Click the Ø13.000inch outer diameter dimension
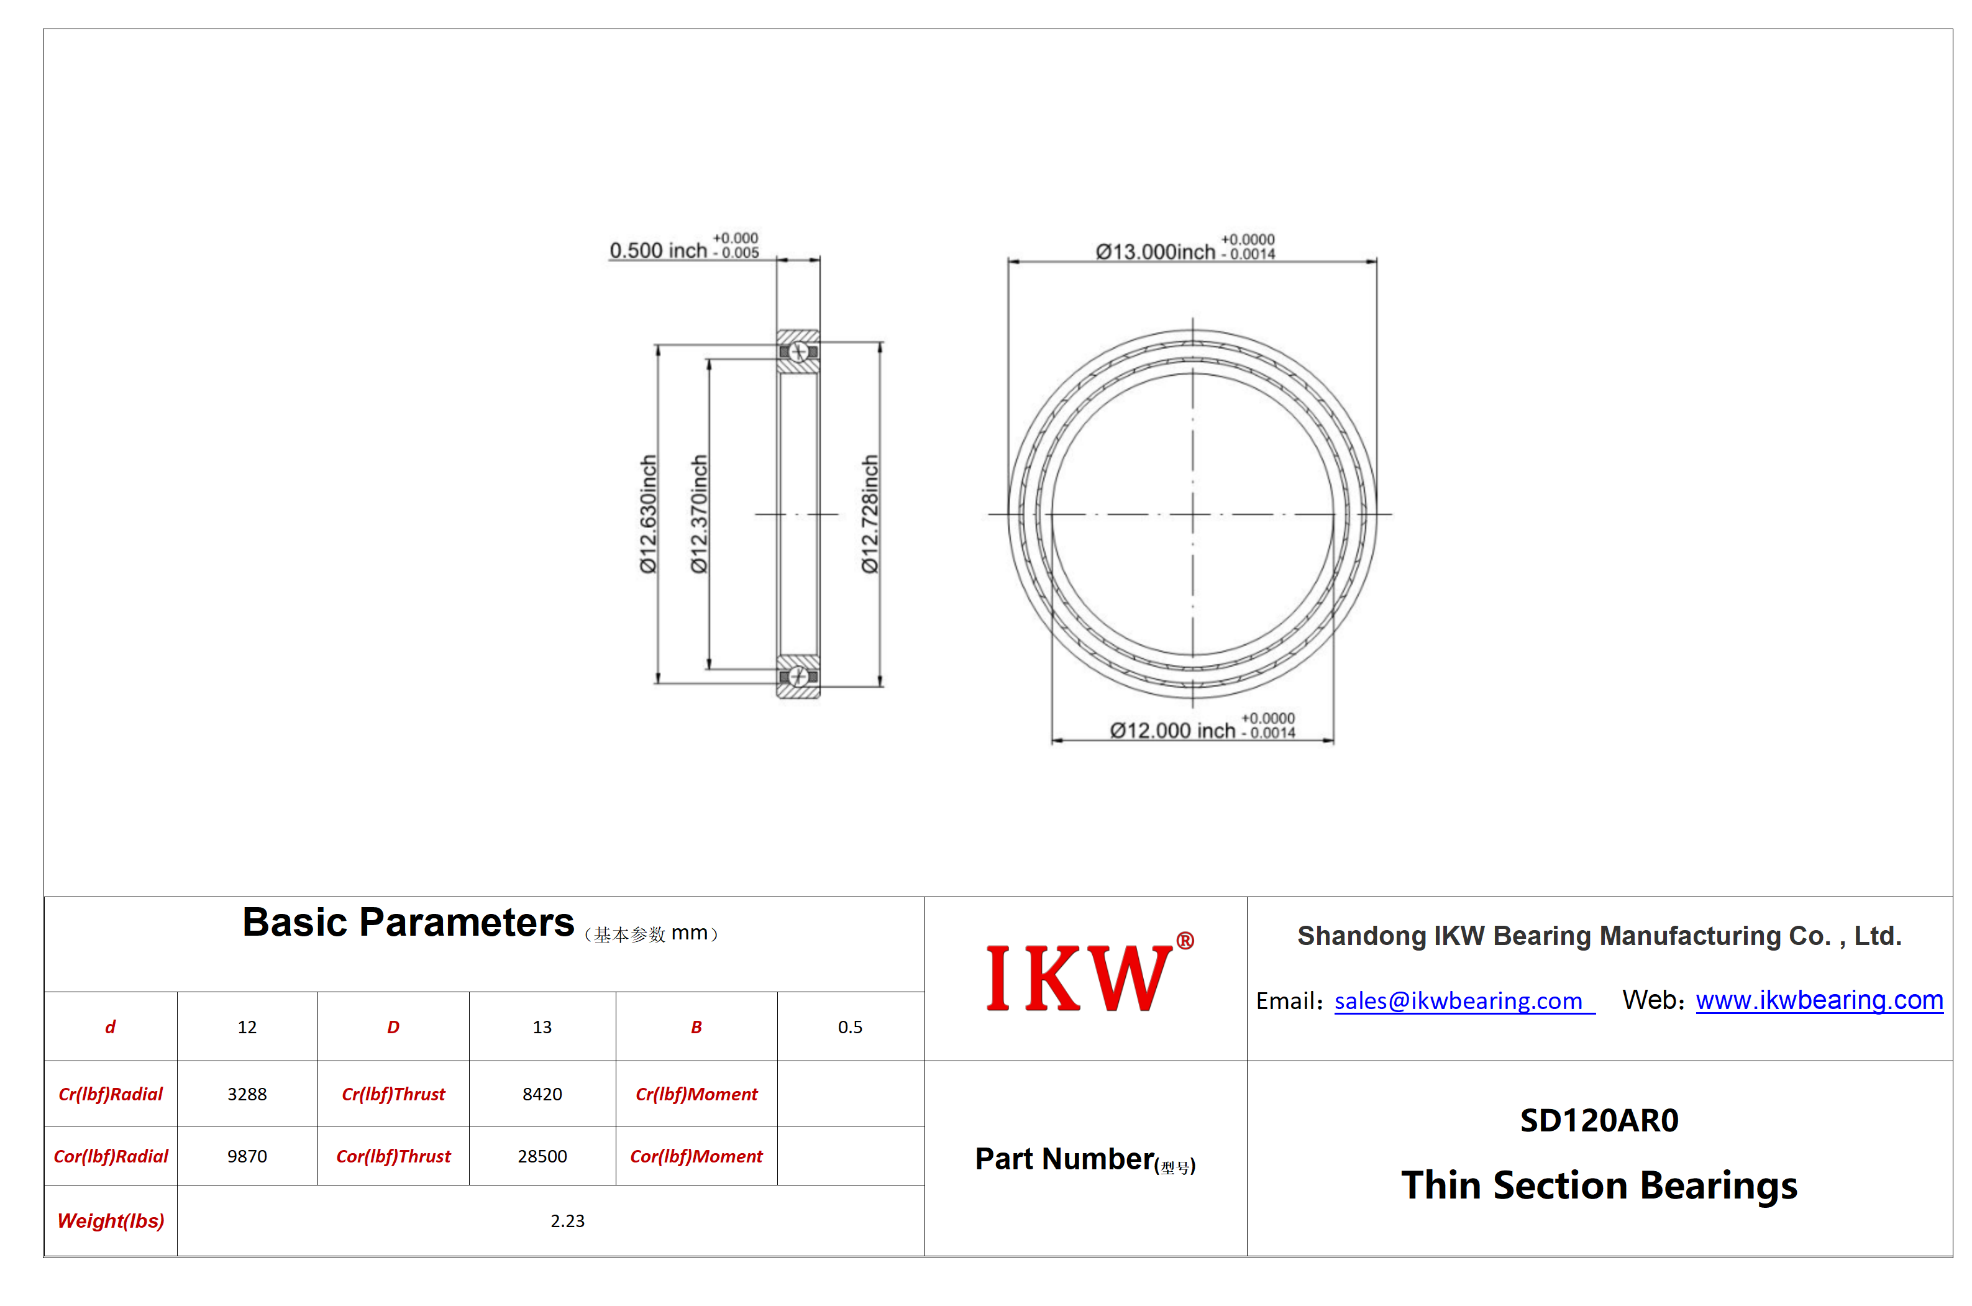(x=1184, y=247)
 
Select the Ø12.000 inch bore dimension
(x=1202, y=726)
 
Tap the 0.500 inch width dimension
(x=683, y=247)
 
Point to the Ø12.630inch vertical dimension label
(x=648, y=514)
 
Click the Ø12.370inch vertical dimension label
(x=699, y=514)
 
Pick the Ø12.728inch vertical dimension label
(x=869, y=514)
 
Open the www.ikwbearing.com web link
(x=1819, y=1000)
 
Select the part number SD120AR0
(x=1599, y=1121)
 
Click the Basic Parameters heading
(x=408, y=923)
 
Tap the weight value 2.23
(x=567, y=1221)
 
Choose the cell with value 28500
(x=542, y=1156)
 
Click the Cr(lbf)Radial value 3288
(x=247, y=1094)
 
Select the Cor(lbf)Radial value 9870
(x=247, y=1156)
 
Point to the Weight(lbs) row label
(x=111, y=1221)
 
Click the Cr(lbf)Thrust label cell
(x=393, y=1094)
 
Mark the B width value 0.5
(x=851, y=1027)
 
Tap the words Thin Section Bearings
(x=1599, y=1186)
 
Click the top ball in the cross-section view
(x=798, y=352)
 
